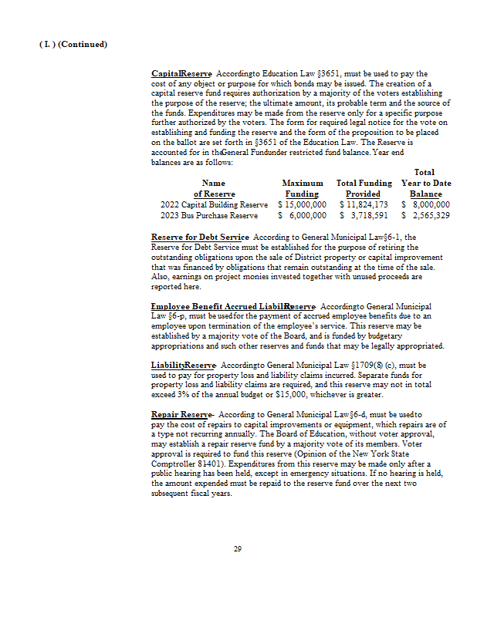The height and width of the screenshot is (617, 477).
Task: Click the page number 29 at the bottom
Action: [238, 549]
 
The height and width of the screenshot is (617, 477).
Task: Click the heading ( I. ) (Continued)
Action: [73, 44]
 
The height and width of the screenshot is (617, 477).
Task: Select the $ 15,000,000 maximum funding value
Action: [302, 205]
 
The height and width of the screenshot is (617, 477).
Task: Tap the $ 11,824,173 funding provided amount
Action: [364, 205]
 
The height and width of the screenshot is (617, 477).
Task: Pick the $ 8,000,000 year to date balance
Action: [426, 205]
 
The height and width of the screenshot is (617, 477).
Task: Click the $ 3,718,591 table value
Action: [364, 217]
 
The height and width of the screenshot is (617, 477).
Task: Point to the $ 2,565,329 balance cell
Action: [426, 217]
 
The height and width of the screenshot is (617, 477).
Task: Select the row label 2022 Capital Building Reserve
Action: [214, 205]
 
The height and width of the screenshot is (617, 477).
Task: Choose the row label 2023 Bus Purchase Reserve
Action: [209, 217]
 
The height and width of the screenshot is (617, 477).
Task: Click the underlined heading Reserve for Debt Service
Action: [200, 237]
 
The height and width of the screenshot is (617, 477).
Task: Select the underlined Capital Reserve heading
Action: [181, 73]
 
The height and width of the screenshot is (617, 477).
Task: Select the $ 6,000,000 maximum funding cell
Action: [302, 217]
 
